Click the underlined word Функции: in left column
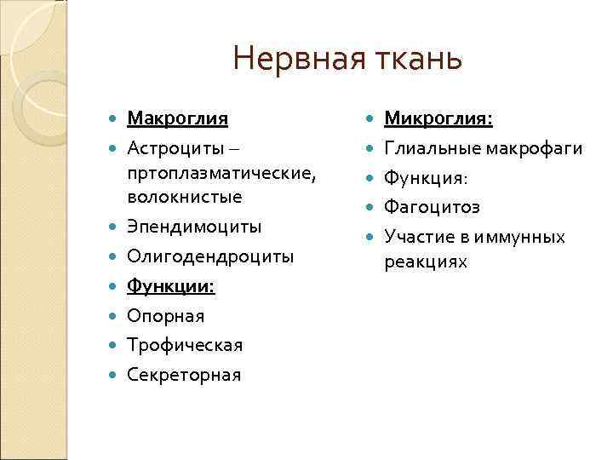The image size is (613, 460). point(171,286)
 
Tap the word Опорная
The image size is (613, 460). point(166,316)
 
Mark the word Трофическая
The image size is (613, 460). point(185,345)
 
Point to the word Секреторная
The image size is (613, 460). point(184,374)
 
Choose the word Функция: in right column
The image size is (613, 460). point(426,178)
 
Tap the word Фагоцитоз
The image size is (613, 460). point(433,207)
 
